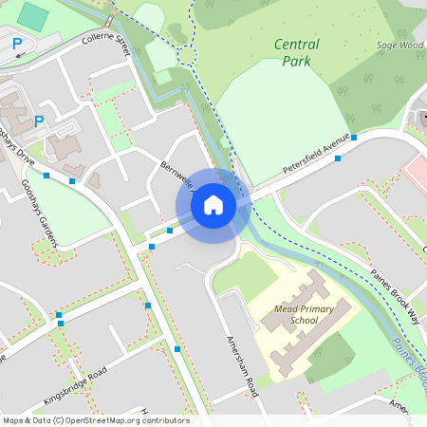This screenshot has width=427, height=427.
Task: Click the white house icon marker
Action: tap(213, 204)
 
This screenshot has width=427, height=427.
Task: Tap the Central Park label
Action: tap(296, 52)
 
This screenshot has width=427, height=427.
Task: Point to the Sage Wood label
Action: tap(399, 45)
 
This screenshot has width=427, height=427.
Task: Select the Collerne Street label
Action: tap(104, 41)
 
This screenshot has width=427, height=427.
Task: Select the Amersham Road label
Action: tap(242, 366)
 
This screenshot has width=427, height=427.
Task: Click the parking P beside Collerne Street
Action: tap(17, 43)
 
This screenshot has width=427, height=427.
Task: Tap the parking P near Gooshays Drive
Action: tap(39, 121)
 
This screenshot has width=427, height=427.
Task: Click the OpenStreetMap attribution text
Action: tap(95, 420)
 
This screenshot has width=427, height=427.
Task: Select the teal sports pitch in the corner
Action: tap(34, 16)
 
